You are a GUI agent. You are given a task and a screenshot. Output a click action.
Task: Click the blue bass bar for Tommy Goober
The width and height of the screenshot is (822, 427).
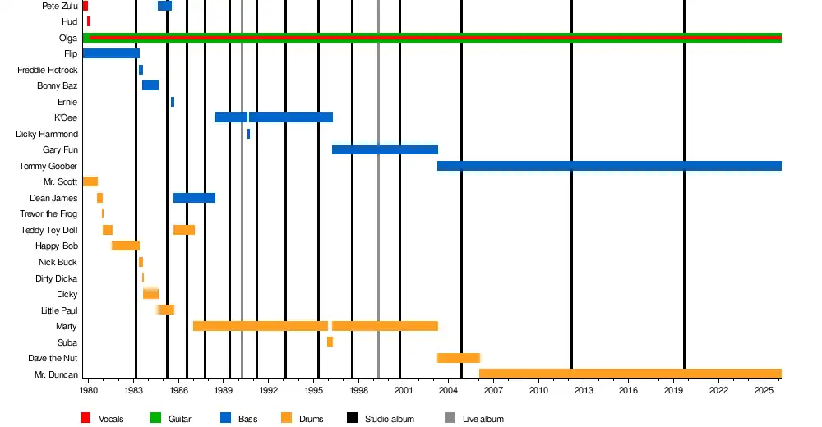(x=609, y=166)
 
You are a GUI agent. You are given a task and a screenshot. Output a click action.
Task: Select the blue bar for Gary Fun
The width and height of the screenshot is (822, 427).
(x=385, y=149)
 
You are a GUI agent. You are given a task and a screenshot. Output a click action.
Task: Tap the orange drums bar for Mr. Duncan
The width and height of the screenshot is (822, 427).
(x=630, y=374)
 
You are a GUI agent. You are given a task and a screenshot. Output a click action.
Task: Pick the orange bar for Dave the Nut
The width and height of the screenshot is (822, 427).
(x=459, y=358)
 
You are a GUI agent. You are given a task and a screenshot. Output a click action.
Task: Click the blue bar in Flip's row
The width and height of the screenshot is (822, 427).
(x=111, y=53)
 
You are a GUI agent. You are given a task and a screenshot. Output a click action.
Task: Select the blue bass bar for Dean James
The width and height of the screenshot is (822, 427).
(x=194, y=198)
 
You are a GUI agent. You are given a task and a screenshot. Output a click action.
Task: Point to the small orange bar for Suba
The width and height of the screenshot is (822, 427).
(x=330, y=342)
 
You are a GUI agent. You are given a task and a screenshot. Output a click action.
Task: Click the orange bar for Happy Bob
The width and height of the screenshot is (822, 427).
(x=125, y=246)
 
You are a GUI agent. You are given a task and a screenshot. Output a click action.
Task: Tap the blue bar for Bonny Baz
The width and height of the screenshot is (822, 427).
(x=150, y=85)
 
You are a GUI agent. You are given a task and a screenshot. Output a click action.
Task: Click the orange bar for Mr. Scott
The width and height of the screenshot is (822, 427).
(x=90, y=181)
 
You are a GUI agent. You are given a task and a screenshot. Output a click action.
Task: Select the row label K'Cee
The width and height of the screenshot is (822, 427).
(x=66, y=118)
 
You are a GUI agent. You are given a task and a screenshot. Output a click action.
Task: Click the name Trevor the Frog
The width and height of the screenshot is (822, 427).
(x=48, y=213)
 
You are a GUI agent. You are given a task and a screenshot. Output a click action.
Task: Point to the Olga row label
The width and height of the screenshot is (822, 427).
(x=68, y=38)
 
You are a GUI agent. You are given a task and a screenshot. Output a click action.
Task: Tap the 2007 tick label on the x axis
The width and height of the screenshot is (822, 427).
(x=493, y=390)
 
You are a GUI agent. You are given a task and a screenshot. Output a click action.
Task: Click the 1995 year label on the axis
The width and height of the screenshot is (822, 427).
(x=313, y=390)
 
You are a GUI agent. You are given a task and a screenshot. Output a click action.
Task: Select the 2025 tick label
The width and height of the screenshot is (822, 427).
(x=764, y=390)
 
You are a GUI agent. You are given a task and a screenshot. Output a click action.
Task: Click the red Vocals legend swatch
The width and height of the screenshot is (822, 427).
(x=85, y=418)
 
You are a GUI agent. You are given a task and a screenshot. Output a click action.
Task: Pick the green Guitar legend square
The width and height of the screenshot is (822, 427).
(x=155, y=418)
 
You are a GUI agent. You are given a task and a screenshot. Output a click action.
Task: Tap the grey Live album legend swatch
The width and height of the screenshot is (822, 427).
(x=450, y=418)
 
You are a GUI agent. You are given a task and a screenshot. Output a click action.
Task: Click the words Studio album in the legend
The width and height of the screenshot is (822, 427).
(x=390, y=419)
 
